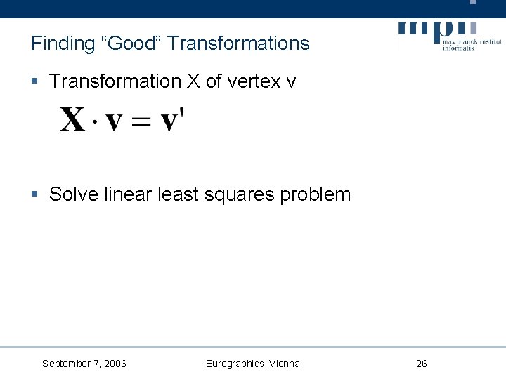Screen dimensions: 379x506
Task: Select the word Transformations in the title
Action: (239, 44)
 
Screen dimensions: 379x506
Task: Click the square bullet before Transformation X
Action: (35, 82)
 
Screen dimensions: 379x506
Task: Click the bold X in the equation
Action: (74, 120)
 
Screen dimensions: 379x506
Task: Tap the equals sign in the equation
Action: (141, 122)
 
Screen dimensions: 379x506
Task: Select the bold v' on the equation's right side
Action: (173, 119)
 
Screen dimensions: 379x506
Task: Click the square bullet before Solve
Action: (35, 194)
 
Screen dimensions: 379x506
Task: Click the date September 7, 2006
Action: (84, 364)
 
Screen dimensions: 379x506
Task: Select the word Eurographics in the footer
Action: (235, 364)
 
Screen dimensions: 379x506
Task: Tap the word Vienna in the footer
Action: (285, 364)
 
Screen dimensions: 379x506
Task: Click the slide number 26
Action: (422, 364)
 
